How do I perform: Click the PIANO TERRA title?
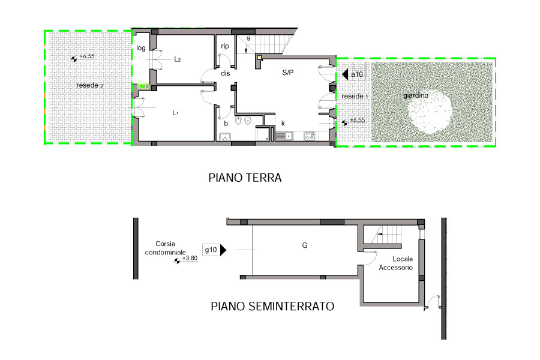pyautogui.click(x=245, y=178)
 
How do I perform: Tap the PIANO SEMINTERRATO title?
pyautogui.click(x=272, y=306)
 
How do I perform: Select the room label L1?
pyautogui.click(x=176, y=113)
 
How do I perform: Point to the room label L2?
pyautogui.click(x=178, y=59)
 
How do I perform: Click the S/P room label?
pyautogui.click(x=288, y=73)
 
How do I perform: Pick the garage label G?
pyautogui.click(x=304, y=245)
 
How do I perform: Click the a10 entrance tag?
pyautogui.click(x=357, y=74)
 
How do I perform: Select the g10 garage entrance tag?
pyautogui.click(x=211, y=250)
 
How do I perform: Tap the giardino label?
pyautogui.click(x=416, y=95)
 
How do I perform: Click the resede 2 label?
pyautogui.click(x=89, y=85)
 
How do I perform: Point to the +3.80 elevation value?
pyautogui.click(x=190, y=258)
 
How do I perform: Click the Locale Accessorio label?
pyautogui.click(x=396, y=263)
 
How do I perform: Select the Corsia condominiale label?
pyautogui.click(x=166, y=248)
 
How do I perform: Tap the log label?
pyautogui.click(x=141, y=48)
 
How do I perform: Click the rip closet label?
pyautogui.click(x=225, y=46)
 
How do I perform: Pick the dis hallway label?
pyautogui.click(x=226, y=73)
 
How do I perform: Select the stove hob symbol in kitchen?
pyautogui.click(x=309, y=136)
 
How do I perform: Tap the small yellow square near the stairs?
pyautogui.click(x=259, y=57)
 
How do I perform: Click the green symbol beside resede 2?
pyautogui.click(x=143, y=85)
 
